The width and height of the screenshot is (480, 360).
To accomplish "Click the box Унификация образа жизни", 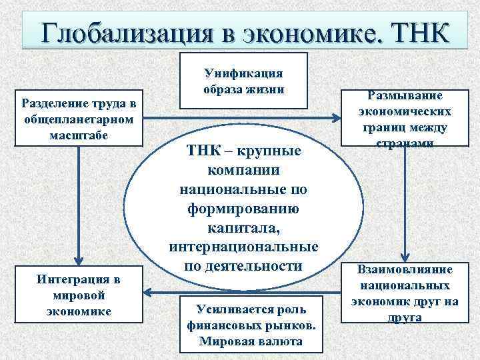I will click(243, 80).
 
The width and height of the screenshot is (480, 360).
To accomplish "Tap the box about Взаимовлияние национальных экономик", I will click(405, 293).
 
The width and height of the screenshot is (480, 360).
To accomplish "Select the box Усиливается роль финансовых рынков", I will click(251, 324).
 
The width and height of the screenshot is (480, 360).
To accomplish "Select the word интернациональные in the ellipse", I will click(243, 248).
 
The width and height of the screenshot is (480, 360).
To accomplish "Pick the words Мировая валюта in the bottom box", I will click(251, 341).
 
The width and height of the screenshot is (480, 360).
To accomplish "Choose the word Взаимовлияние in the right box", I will click(405, 270).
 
